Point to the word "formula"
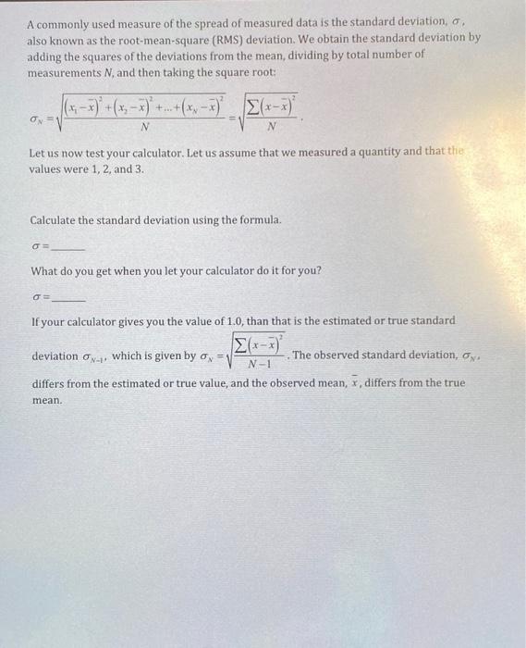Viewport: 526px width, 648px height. (258, 220)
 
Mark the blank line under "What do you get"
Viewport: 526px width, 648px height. (69, 301)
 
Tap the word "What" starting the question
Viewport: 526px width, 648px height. (45, 270)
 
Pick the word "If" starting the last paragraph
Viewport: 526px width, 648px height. (35, 321)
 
